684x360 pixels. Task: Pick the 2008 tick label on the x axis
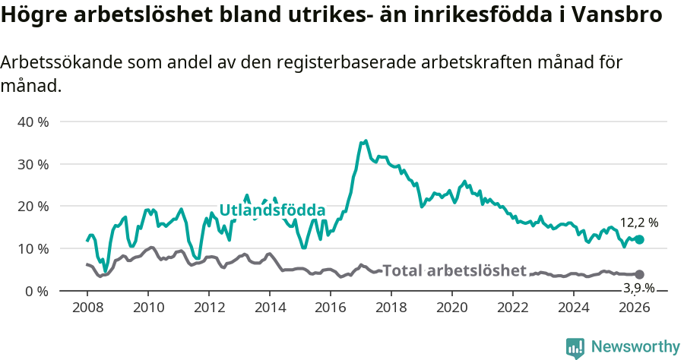pyautogui.click(x=87, y=308)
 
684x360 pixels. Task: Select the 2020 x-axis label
pyautogui.click(x=452, y=308)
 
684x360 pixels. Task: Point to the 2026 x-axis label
pyautogui.click(x=635, y=308)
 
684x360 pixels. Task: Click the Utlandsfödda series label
pyautogui.click(x=272, y=211)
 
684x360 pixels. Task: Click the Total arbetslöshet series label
pyautogui.click(x=454, y=270)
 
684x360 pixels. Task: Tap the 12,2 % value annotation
pyautogui.click(x=638, y=223)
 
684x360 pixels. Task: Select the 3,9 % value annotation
pyautogui.click(x=638, y=288)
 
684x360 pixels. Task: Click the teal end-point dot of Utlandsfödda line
pyautogui.click(x=639, y=239)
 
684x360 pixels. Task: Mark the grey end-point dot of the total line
pyautogui.click(x=639, y=274)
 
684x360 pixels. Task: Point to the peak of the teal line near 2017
pyautogui.click(x=366, y=141)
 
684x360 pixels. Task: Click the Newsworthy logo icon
pyautogui.click(x=575, y=348)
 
